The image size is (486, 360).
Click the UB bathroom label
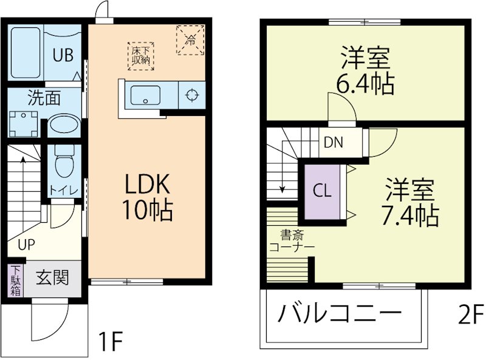pos(63,55)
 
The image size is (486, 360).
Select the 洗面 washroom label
pos(44,97)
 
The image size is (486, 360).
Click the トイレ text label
pos(63,189)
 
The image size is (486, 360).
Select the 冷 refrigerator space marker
pos(190,40)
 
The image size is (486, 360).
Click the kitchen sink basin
pos(145,95)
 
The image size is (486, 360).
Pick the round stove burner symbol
pos(192,95)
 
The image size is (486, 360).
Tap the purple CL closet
pos(322,191)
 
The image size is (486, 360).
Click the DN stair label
pos(333,143)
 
